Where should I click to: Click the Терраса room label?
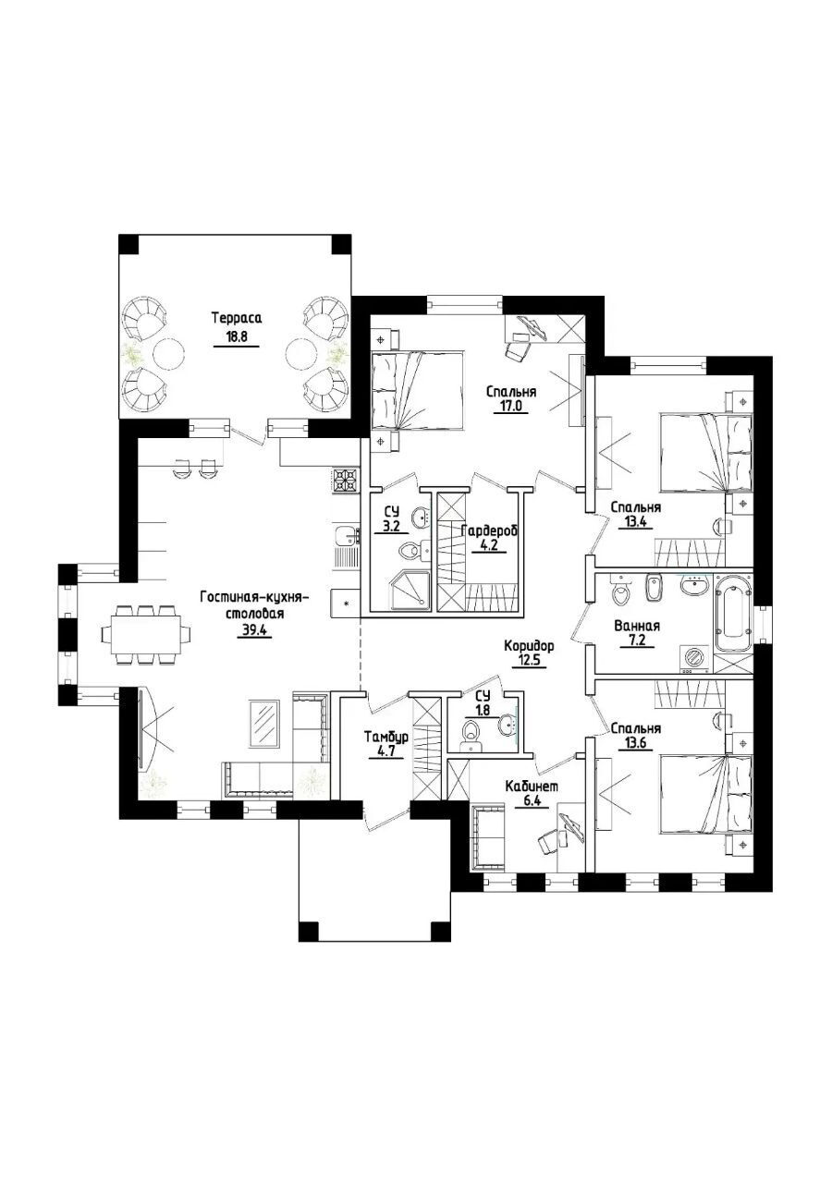tap(237, 319)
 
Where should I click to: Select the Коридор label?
tap(529, 645)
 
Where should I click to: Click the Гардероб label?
tap(489, 531)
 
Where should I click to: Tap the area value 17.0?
tap(511, 407)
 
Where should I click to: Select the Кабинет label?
tap(531, 787)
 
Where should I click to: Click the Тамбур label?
tap(384, 737)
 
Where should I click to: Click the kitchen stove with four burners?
tap(346, 481)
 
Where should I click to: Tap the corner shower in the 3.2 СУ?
tap(409, 593)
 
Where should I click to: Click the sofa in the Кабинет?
tap(489, 837)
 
